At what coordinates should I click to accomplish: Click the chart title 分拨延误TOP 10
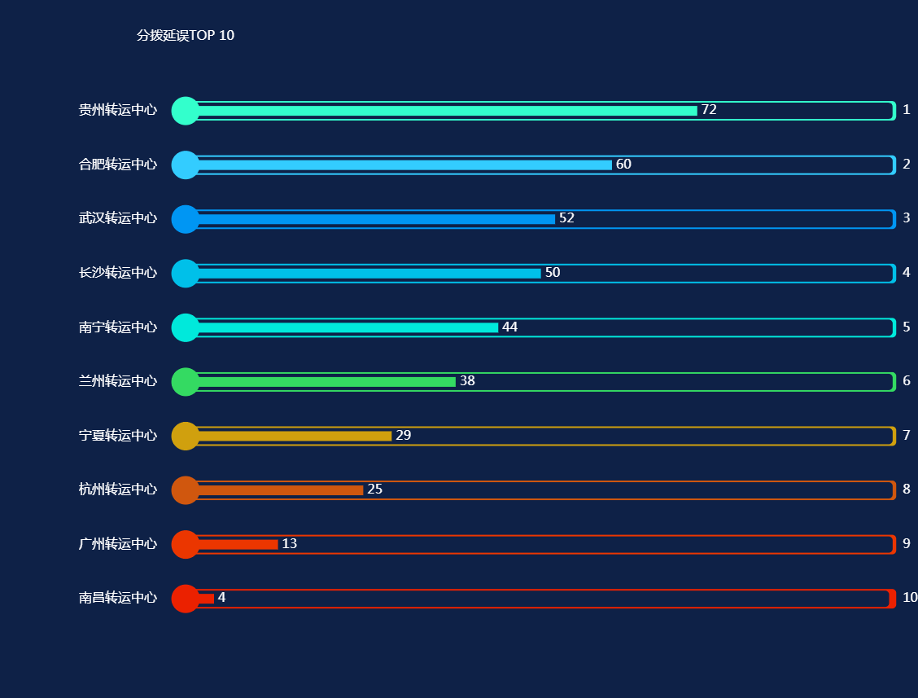pyautogui.click(x=186, y=36)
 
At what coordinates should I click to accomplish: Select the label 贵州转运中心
pyautogui.click(x=118, y=110)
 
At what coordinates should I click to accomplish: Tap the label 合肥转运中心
pyautogui.click(x=118, y=165)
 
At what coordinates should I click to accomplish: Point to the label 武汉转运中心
pyautogui.click(x=118, y=218)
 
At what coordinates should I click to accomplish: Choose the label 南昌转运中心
pyautogui.click(x=118, y=598)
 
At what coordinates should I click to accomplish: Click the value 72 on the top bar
pyautogui.click(x=709, y=110)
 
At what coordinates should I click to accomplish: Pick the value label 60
pyautogui.click(x=623, y=165)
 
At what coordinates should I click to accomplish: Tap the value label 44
pyautogui.click(x=509, y=327)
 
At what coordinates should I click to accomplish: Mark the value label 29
pyautogui.click(x=403, y=436)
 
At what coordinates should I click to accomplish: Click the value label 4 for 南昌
pyautogui.click(x=221, y=598)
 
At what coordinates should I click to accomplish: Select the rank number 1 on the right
pyautogui.click(x=907, y=110)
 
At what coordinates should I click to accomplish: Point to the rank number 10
pyautogui.click(x=910, y=598)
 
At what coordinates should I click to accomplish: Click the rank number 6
pyautogui.click(x=907, y=381)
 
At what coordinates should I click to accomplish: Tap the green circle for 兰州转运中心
pyautogui.click(x=186, y=381)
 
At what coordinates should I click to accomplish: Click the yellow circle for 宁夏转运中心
pyautogui.click(x=186, y=436)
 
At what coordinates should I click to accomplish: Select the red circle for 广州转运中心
pyautogui.click(x=186, y=544)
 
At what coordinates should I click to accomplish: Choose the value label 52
pyautogui.click(x=566, y=218)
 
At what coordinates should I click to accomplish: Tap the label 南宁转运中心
pyautogui.click(x=118, y=327)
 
